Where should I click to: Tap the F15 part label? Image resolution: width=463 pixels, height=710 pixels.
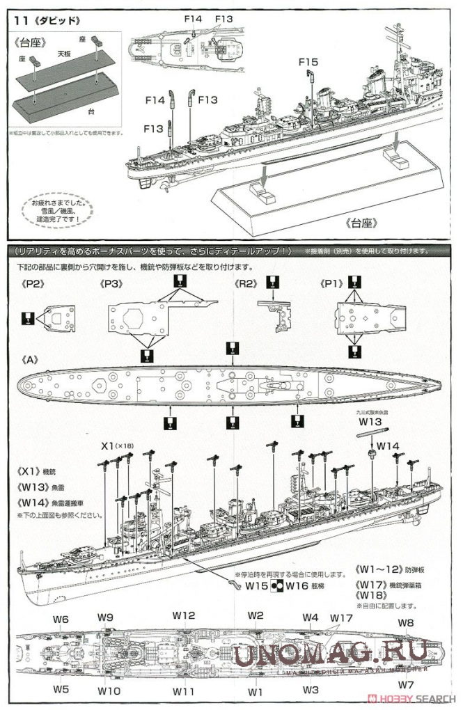(308, 62)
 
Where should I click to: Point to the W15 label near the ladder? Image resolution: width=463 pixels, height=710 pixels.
(257, 586)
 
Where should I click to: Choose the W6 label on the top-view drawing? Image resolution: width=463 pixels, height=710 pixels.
(61, 619)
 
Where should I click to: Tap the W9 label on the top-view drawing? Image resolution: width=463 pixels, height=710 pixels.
(106, 617)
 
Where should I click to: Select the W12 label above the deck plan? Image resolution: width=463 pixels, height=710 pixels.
(184, 615)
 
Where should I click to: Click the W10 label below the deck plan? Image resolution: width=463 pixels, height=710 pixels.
(109, 691)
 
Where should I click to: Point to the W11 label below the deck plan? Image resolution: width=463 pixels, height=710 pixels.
(184, 691)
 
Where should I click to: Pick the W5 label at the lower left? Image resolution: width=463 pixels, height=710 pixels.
(61, 688)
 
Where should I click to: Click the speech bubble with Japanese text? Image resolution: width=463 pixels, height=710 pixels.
(52, 209)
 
